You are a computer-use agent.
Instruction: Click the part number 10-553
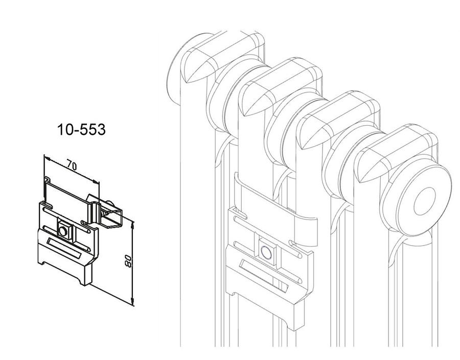pyautogui.click(x=81, y=129)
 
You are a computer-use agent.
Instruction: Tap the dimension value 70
pyautogui.click(x=71, y=165)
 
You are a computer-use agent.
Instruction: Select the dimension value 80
pyautogui.click(x=128, y=260)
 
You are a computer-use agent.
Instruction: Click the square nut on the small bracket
pyautogui.click(x=63, y=231)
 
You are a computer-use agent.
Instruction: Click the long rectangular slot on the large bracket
pyautogui.click(x=264, y=275)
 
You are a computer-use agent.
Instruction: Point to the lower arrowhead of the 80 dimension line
pyautogui.click(x=133, y=301)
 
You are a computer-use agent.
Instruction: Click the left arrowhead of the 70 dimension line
pyautogui.click(x=47, y=158)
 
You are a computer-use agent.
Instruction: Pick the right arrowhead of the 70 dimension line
pyautogui.click(x=96, y=182)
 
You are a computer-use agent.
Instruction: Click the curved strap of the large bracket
pyautogui.click(x=276, y=205)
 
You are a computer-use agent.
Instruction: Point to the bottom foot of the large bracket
pyautogui.click(x=297, y=317)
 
